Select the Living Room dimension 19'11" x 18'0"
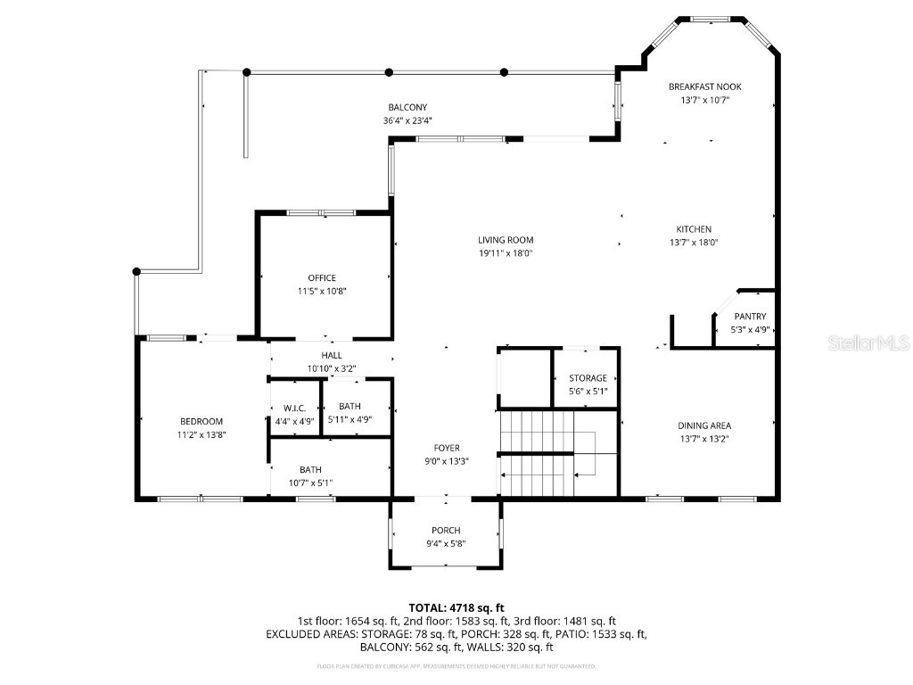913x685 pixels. pos(506,253)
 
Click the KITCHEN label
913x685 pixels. pos(693,229)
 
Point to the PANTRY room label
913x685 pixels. pos(750,317)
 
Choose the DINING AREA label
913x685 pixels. pos(704,425)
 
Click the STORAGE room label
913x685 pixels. pos(588,378)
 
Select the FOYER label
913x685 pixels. pos(447,448)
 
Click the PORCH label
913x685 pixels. pos(446,531)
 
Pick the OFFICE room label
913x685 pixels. pos(322,278)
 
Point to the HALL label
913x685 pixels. pos(332,355)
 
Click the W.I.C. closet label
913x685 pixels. pos(294,408)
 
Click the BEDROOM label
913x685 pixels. pos(202,421)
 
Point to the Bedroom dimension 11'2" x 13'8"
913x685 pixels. pos(202,434)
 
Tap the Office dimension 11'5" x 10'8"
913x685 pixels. pos(322,291)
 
